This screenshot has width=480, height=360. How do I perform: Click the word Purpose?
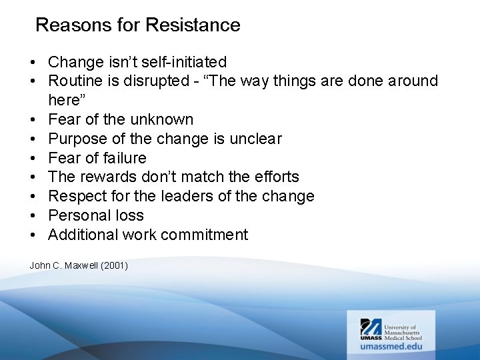(77, 139)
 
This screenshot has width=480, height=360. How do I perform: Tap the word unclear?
(255, 139)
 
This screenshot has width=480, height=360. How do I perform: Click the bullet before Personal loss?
(33, 216)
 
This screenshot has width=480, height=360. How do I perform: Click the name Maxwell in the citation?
(82, 265)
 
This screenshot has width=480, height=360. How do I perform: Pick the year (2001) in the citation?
(115, 265)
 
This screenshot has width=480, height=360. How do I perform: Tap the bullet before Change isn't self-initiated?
(33, 63)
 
